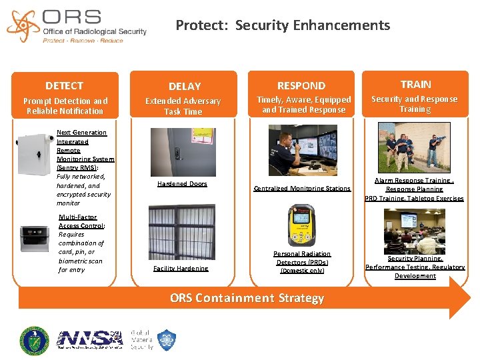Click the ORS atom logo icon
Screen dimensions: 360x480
click(x=23, y=25)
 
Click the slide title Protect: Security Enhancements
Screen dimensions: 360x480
click(x=282, y=25)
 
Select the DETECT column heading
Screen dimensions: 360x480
click(x=64, y=86)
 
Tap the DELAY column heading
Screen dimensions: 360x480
click(x=184, y=87)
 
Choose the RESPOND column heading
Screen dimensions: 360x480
click(x=301, y=86)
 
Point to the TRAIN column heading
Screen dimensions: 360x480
click(x=415, y=84)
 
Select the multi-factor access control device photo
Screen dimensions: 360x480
click(x=35, y=238)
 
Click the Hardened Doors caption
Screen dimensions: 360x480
click(x=182, y=184)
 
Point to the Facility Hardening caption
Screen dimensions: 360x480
click(x=181, y=269)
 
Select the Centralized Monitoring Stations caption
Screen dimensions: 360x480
click(x=302, y=189)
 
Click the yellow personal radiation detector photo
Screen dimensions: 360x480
click(x=301, y=225)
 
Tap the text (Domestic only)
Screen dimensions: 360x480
click(x=302, y=271)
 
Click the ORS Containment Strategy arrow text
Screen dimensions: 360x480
click(x=247, y=298)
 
